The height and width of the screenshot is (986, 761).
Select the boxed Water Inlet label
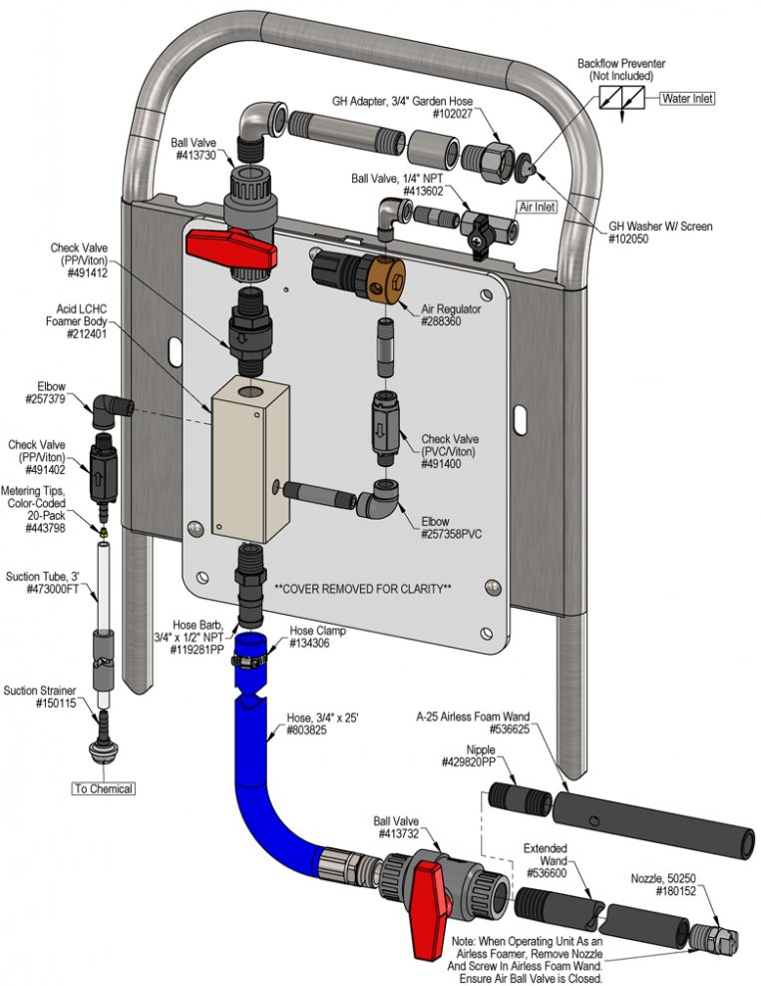pyautogui.click(x=687, y=98)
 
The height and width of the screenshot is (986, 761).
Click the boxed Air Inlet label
pyautogui.click(x=537, y=207)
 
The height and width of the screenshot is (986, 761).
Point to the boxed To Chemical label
pyautogui.click(x=104, y=788)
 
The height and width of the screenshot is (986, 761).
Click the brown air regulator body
pyautogui.click(x=383, y=276)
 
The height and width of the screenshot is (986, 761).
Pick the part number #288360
pyautogui.click(x=441, y=321)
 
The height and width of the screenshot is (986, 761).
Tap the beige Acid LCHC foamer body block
pyautogui.click(x=250, y=459)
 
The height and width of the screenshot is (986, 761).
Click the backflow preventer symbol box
pyautogui.click(x=621, y=98)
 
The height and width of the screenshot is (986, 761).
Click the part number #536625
pyautogui.click(x=510, y=730)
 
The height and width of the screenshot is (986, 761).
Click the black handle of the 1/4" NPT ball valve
pyautogui.click(x=478, y=241)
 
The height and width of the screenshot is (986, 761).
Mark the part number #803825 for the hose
pyautogui.click(x=306, y=731)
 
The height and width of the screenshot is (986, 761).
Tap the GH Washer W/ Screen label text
pyautogui.click(x=660, y=226)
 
